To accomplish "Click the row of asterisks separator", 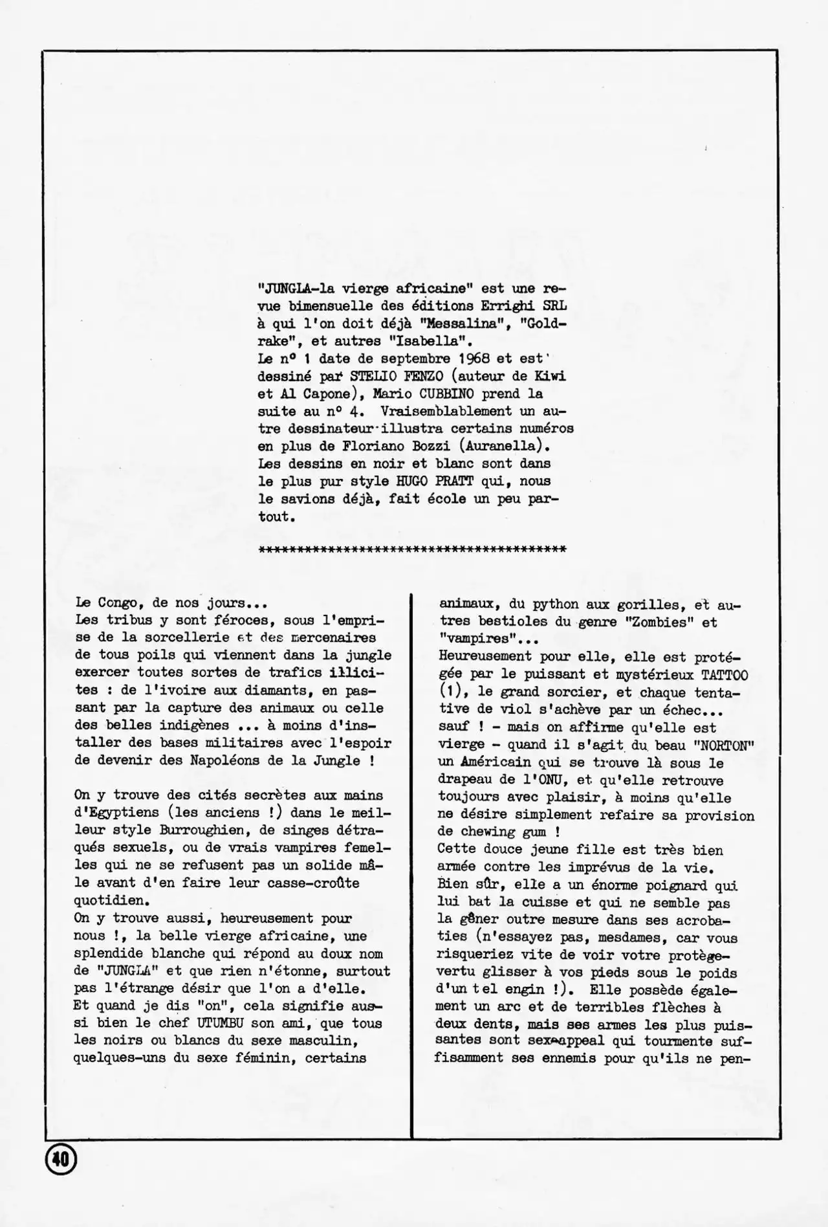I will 412,549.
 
